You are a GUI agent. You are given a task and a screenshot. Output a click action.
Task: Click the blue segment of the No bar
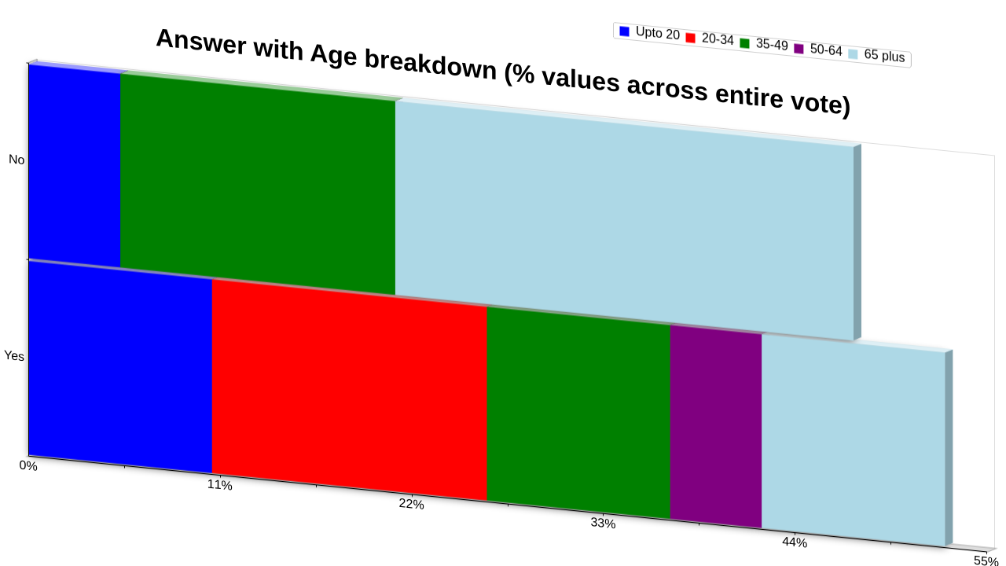(x=75, y=166)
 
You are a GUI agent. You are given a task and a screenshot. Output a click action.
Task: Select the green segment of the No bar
(x=258, y=184)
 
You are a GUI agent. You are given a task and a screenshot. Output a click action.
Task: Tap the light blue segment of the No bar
(x=624, y=221)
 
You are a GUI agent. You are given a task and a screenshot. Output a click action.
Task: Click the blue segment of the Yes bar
(x=120, y=366)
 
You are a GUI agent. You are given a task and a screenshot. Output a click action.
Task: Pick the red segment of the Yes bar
(x=350, y=389)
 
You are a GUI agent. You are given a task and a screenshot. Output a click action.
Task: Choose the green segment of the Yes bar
(x=578, y=413)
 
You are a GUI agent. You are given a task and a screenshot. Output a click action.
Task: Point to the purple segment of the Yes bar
(x=716, y=426)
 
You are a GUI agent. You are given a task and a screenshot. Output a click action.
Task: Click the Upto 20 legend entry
(x=649, y=33)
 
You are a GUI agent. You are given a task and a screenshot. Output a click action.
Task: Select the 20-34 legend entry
(x=710, y=39)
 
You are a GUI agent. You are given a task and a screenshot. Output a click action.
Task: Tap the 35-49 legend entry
(x=764, y=44)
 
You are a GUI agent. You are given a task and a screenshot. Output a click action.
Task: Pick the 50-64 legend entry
(x=818, y=50)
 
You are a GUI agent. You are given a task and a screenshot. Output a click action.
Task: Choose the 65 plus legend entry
(x=876, y=55)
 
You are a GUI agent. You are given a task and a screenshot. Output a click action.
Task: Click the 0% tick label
(x=28, y=466)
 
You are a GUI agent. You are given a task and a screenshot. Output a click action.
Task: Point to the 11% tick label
(x=219, y=485)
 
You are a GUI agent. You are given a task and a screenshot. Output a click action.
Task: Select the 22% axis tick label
(x=411, y=504)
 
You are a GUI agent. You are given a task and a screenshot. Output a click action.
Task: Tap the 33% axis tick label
(x=603, y=524)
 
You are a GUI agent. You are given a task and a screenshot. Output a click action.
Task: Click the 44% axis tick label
(x=795, y=542)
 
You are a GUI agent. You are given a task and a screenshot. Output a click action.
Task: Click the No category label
(x=17, y=160)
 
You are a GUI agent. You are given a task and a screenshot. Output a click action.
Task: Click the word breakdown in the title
(x=430, y=64)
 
